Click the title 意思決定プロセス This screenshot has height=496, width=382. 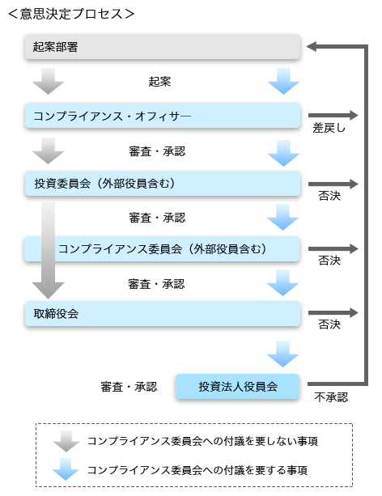[x=71, y=14]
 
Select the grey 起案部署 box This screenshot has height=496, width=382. [x=163, y=47]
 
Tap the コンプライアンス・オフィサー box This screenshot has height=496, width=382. [x=163, y=116]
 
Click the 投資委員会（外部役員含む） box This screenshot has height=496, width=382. [x=163, y=184]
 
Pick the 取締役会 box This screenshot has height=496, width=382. [x=163, y=313]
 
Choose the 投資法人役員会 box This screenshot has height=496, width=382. [x=238, y=386]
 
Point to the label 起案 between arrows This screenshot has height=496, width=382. [x=159, y=82]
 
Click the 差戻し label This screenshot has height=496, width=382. [x=329, y=128]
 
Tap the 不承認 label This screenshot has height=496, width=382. [x=331, y=397]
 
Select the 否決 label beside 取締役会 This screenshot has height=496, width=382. [x=329, y=324]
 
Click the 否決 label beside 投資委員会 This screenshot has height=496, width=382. [x=329, y=196]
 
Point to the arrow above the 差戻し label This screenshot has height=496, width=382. [x=333, y=115]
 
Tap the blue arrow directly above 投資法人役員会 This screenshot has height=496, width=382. [x=283, y=354]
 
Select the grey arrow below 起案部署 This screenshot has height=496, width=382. [x=48, y=81]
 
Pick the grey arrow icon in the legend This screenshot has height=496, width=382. [x=66, y=441]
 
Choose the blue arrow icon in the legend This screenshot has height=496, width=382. [x=66, y=469]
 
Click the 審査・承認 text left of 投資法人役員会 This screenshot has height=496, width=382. [x=129, y=387]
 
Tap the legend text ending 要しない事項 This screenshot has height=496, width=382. [x=202, y=441]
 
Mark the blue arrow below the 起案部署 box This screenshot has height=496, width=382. [x=283, y=81]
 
